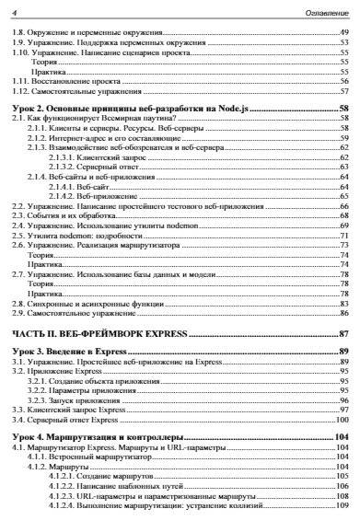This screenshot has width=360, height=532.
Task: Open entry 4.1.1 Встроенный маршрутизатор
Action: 96,457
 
